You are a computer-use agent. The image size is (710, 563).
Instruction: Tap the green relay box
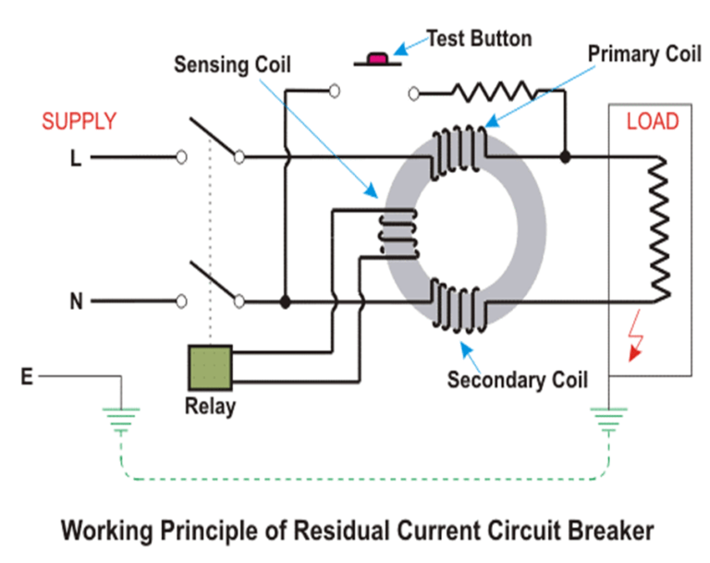(x=209, y=365)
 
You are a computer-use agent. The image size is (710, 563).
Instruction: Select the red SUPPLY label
(x=80, y=121)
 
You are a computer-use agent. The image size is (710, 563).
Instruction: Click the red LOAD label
(x=652, y=121)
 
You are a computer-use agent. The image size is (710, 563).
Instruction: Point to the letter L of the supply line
(x=76, y=158)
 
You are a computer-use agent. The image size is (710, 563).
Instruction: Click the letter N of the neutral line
(x=76, y=301)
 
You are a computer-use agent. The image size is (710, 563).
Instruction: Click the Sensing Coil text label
(x=232, y=66)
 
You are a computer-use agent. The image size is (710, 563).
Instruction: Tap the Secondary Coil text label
(x=518, y=380)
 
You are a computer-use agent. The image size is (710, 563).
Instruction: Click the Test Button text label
(x=478, y=39)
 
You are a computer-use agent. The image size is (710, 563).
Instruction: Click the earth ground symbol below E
(x=120, y=421)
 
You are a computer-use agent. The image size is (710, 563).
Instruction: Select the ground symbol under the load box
(x=606, y=421)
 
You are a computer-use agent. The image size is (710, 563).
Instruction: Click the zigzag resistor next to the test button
(x=491, y=91)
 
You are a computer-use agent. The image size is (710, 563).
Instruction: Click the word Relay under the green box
(x=209, y=407)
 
